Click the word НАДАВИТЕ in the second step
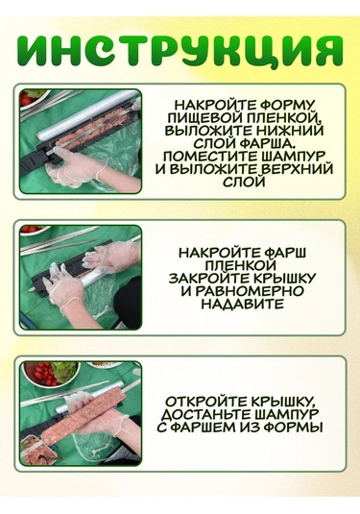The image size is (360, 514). coord(242,304)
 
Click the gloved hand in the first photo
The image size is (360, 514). coord(74,166)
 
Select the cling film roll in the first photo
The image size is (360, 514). coord(85,114)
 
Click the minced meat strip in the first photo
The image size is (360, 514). coord(96,126)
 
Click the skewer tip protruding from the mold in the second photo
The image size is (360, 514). coord(32,290)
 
